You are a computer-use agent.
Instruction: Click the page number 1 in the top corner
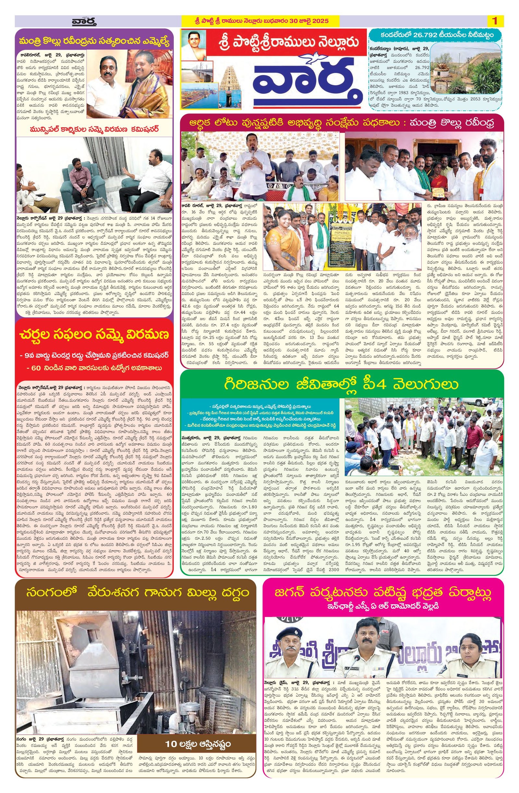(x=495, y=21)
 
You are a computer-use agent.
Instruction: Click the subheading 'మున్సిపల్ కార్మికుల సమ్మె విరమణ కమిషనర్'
(x=94, y=129)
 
